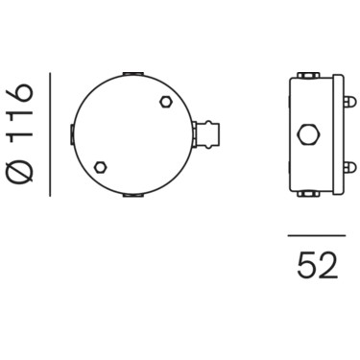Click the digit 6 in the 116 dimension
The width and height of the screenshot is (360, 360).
(x=20, y=93)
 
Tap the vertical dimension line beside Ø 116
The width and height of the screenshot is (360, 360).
(x=50, y=134)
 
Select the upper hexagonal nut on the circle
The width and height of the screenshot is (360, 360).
(x=166, y=102)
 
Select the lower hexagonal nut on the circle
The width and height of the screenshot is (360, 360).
(x=101, y=167)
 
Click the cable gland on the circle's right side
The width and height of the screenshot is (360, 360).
(x=206, y=134)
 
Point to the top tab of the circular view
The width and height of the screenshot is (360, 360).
(x=133, y=74)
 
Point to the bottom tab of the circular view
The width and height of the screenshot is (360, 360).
(x=133, y=195)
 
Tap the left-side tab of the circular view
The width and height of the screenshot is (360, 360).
(x=72, y=134)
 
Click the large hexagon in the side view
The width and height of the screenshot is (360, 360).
(x=308, y=134)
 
